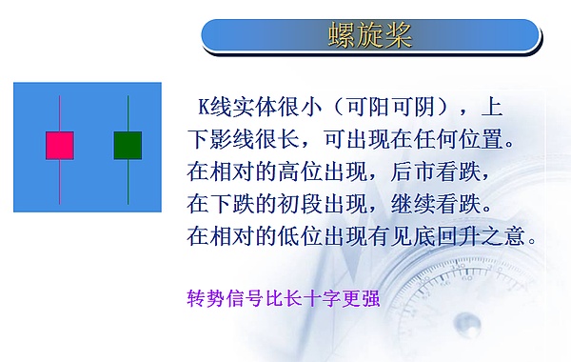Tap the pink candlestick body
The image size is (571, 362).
pyautogui.click(x=60, y=146)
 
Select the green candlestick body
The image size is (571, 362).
pyautogui.click(x=128, y=146)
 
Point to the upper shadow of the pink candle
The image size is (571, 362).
pyautogui.click(x=60, y=113)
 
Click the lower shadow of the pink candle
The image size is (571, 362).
pyautogui.click(x=60, y=181)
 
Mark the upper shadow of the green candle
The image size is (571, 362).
pyautogui.click(x=128, y=113)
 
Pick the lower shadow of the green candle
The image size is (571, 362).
pyautogui.click(x=128, y=181)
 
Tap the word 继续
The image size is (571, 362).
pyautogui.click(x=422, y=204)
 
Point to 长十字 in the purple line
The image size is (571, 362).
pyautogui.click(x=309, y=298)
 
